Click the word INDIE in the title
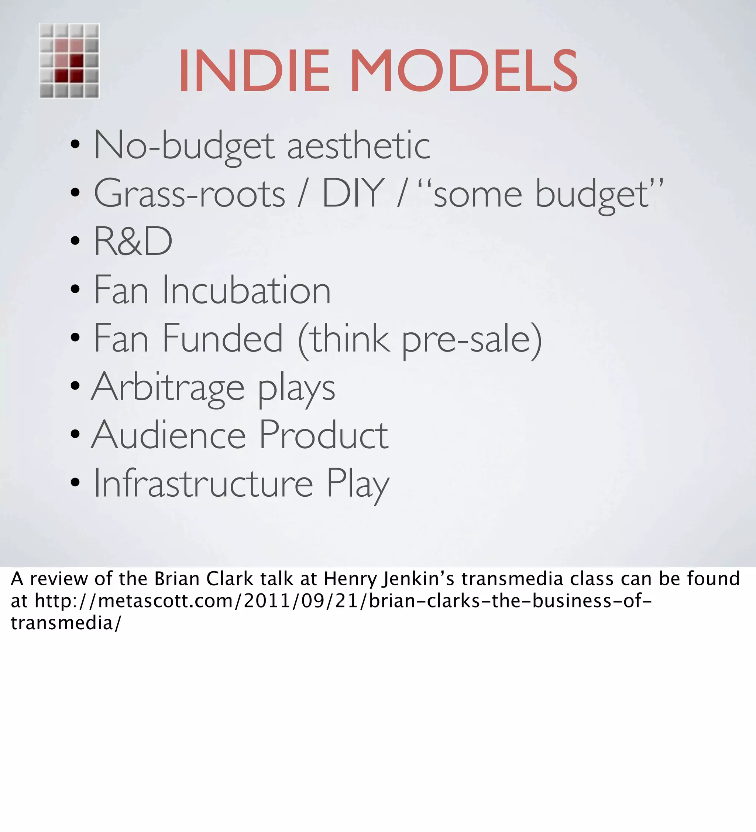click(x=254, y=71)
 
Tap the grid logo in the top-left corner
click(x=69, y=61)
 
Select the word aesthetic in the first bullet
click(x=358, y=145)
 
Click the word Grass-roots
click(x=189, y=194)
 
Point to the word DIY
click(x=353, y=193)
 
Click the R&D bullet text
click(x=133, y=242)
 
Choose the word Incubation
click(x=246, y=290)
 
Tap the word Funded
click(x=223, y=338)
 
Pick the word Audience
click(x=169, y=435)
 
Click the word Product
click(x=324, y=435)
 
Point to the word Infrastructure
click(x=203, y=483)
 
